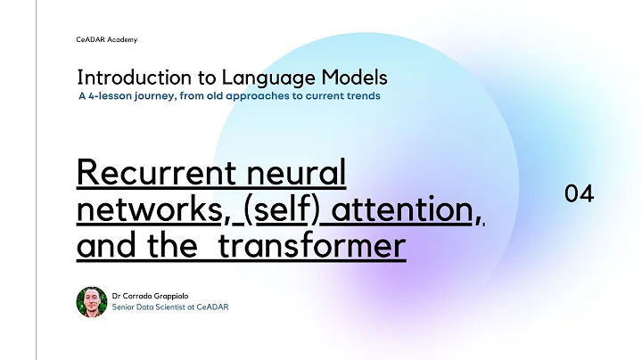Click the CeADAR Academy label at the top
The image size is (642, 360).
point(107,39)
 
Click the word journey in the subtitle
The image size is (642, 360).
point(160,95)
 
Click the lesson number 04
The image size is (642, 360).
point(579,193)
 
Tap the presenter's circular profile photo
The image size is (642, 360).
point(92,301)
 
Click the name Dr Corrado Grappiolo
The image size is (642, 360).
point(157,295)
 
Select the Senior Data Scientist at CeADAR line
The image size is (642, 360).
point(170,307)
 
